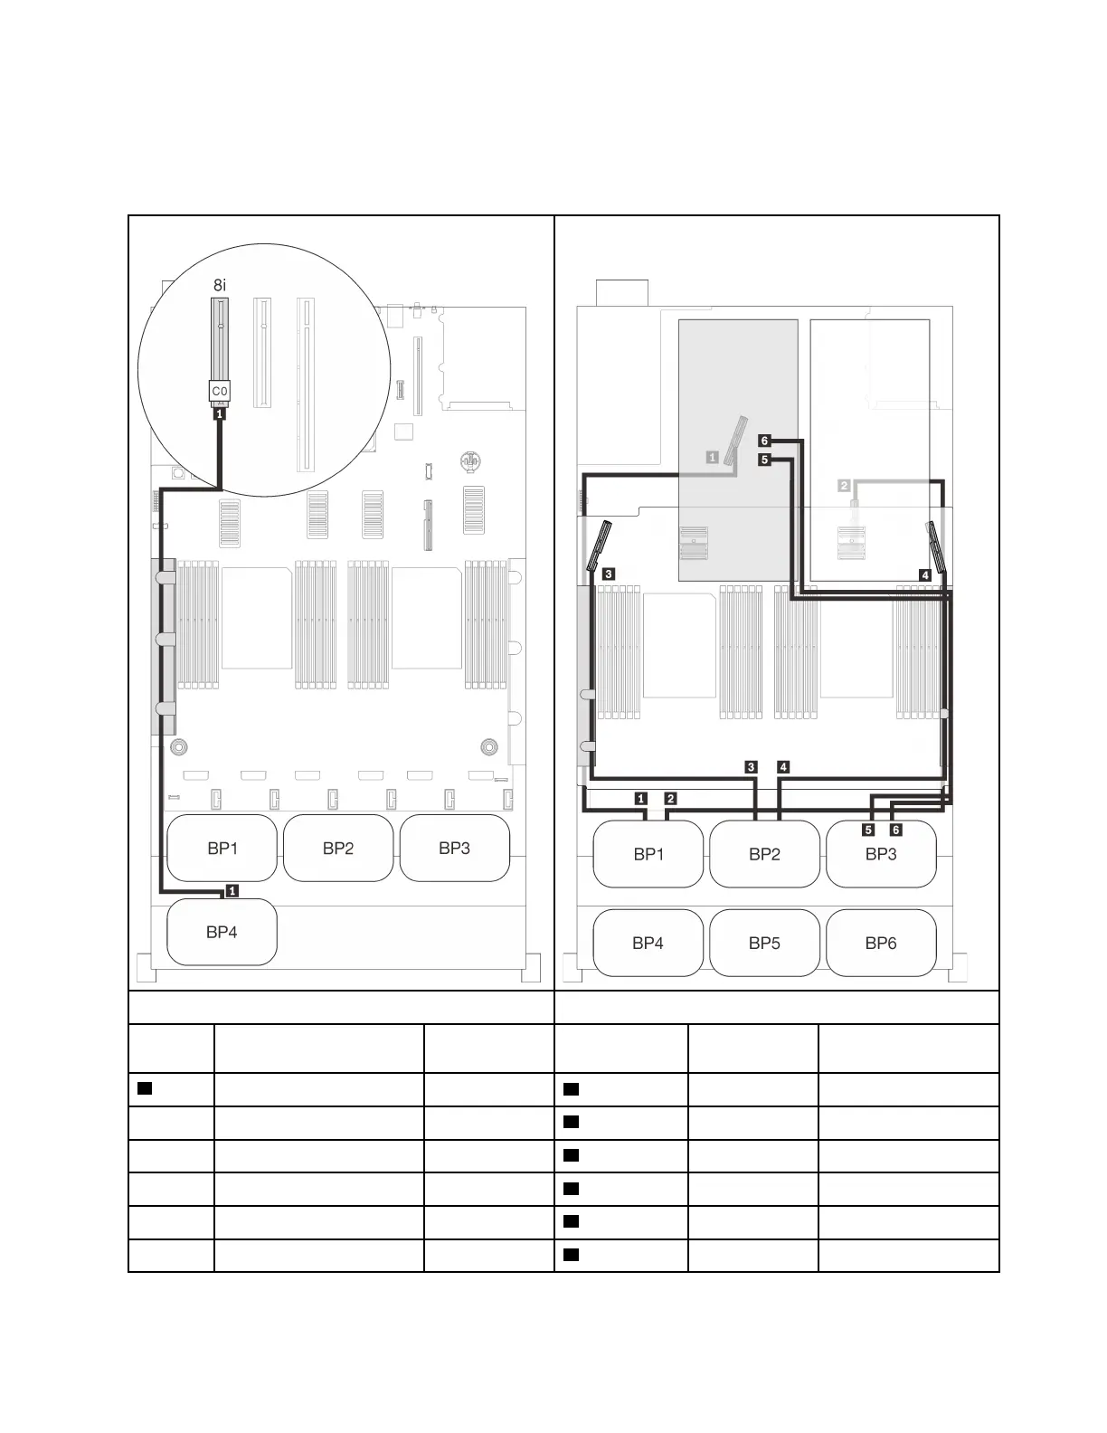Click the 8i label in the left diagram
[x=220, y=285]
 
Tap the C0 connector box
[x=220, y=391]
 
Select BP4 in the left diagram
[x=222, y=932]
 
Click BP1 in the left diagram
[x=222, y=848]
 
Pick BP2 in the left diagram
[x=338, y=848]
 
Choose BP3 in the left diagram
[x=454, y=848]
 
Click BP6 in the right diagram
[x=881, y=943]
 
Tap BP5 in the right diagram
[x=764, y=943]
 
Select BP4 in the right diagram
[x=648, y=943]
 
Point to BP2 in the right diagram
[x=764, y=854]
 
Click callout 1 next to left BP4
[x=232, y=890]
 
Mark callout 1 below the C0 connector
[x=220, y=414]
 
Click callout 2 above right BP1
[x=670, y=799]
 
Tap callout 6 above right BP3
[x=896, y=830]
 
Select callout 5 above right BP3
[x=868, y=830]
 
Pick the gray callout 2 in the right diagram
[x=845, y=485]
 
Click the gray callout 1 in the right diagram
[x=712, y=457]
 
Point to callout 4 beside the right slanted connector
[x=924, y=575]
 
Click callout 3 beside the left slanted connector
[x=609, y=574]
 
